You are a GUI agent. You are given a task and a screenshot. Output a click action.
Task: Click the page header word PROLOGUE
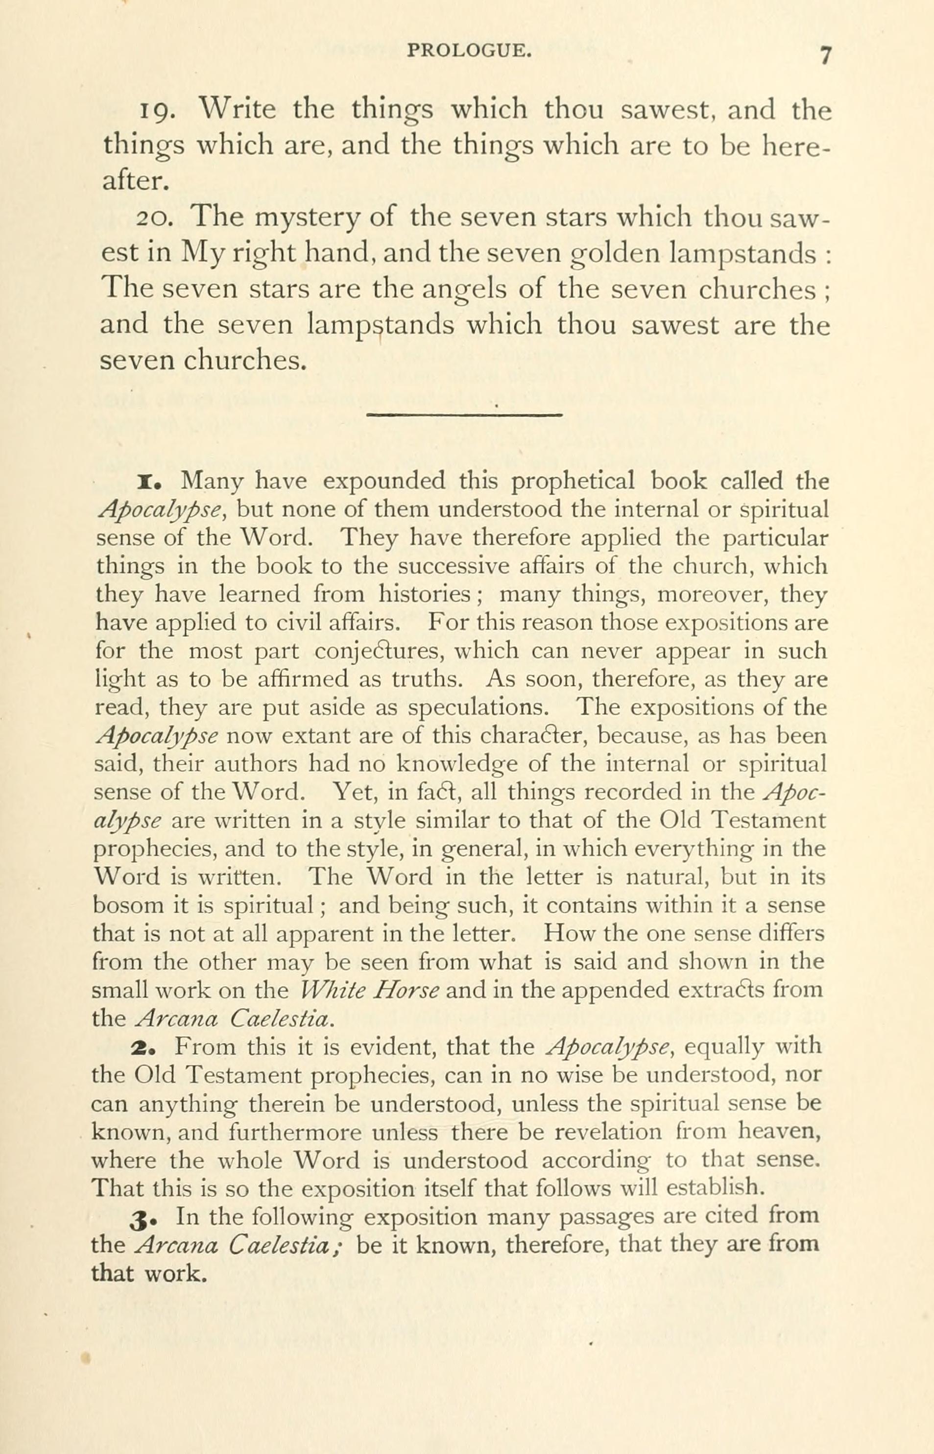coord(469,51)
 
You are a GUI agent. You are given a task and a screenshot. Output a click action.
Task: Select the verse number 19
coord(158,111)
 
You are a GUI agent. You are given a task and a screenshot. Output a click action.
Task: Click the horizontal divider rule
coord(465,415)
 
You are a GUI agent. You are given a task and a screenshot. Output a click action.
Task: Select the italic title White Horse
coord(373,990)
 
